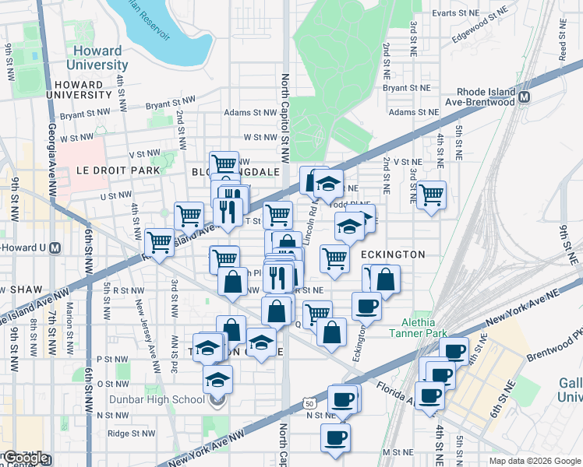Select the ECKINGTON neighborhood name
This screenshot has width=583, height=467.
(x=393, y=255)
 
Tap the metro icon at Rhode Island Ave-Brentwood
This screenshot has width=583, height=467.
(x=525, y=97)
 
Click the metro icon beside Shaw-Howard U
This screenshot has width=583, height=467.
(x=55, y=248)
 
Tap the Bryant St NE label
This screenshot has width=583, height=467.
(x=407, y=88)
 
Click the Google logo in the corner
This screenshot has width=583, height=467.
(x=26, y=458)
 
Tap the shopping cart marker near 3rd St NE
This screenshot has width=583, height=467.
(x=431, y=195)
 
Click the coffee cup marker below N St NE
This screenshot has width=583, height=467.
(x=335, y=437)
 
